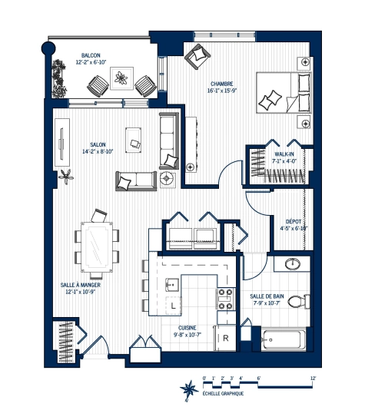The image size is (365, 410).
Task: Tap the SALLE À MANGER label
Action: [81, 285]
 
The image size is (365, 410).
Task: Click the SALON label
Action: [98, 144]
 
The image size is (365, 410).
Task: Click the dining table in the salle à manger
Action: [98, 245]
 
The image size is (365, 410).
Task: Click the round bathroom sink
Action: [294, 266]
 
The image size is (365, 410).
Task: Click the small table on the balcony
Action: [121, 77]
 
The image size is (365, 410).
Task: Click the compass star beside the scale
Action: [186, 390]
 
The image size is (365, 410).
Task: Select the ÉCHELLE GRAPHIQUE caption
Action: [223, 394]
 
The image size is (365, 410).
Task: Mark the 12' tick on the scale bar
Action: [313, 379]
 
